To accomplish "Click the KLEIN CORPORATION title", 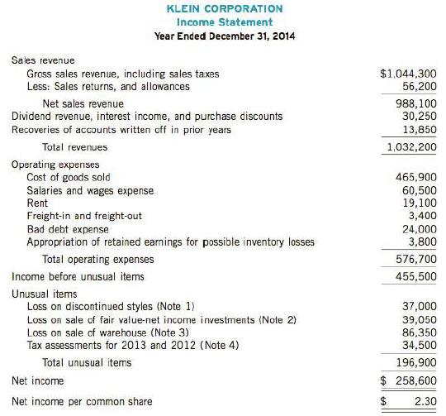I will [x=225, y=8].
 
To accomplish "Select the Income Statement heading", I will [x=225, y=22].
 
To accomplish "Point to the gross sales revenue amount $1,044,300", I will [x=408, y=74].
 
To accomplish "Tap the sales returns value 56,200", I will [x=419, y=86].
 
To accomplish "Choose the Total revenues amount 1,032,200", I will [x=410, y=147].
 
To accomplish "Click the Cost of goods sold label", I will [x=69, y=177].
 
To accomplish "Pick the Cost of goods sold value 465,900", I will [x=415, y=177].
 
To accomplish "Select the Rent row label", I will [x=37, y=203].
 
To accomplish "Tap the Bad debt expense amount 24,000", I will [x=419, y=229].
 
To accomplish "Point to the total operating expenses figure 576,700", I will [x=415, y=259].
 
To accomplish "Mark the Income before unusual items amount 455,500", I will [x=415, y=276].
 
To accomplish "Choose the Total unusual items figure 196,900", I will [x=415, y=362].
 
